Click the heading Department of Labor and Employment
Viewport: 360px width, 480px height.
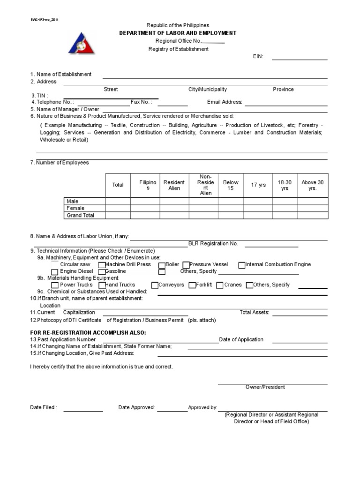[178, 33]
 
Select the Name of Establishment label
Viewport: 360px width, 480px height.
[61, 74]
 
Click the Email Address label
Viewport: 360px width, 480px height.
[225, 102]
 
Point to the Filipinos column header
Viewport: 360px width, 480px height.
[145, 185]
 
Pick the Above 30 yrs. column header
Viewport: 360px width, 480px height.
[312, 185]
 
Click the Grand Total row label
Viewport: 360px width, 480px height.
[81, 215]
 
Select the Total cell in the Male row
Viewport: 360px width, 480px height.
[118, 201]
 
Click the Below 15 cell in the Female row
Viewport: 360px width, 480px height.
[231, 208]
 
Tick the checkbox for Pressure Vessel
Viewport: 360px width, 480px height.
[186, 265]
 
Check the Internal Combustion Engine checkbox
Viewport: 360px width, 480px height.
[242, 265]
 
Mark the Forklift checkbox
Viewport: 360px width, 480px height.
[192, 285]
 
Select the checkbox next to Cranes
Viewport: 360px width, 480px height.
[220, 285]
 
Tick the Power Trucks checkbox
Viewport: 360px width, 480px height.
[55, 285]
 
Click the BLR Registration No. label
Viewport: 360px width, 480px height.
[213, 243]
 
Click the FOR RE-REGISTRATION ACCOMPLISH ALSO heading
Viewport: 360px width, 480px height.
[88, 332]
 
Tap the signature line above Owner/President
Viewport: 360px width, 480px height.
[272, 383]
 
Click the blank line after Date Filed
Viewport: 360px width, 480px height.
[83, 410]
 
